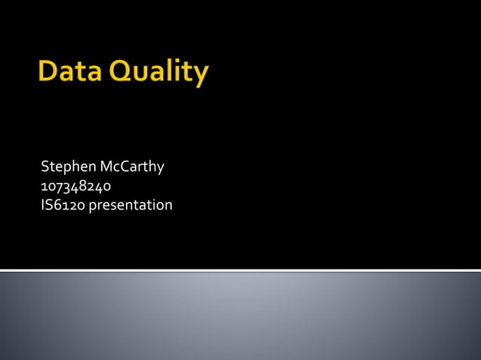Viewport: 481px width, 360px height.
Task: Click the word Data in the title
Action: click(69, 73)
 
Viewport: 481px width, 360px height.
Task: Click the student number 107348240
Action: click(76, 185)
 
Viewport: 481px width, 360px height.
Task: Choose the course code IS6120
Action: click(63, 204)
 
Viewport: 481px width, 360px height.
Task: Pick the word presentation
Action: click(130, 205)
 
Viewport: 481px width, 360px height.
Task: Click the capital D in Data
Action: click(47, 73)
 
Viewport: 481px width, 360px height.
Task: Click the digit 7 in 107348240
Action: click(59, 186)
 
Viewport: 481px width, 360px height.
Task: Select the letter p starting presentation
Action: click(93, 206)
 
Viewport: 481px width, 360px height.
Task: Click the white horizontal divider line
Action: click(240, 270)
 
